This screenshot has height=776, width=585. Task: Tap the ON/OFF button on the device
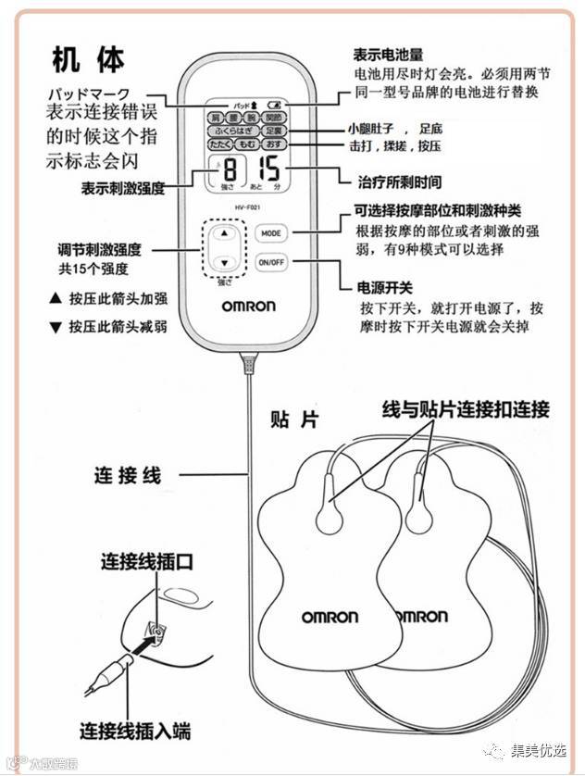(270, 262)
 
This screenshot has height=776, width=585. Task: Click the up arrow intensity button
(223, 234)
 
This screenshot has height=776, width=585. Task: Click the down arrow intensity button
(223, 262)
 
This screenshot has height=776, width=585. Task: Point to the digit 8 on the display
(229, 171)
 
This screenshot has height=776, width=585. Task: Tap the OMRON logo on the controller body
(248, 307)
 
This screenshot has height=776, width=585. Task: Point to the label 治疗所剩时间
(399, 181)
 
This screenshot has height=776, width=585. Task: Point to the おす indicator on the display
(274, 145)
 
